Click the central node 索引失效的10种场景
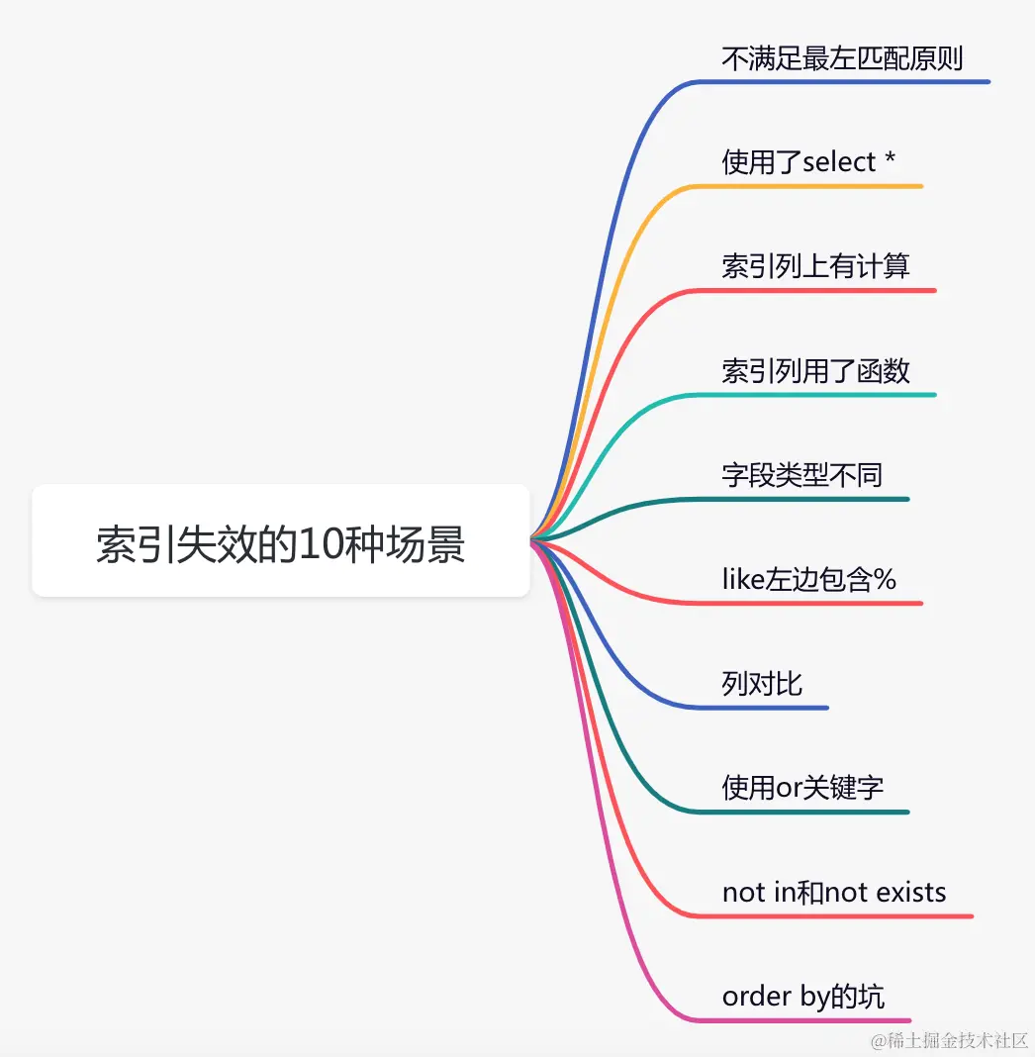tap(281, 541)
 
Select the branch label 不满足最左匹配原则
tap(842, 58)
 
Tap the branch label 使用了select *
tap(808, 162)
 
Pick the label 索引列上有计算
tap(815, 266)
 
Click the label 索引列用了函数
tap(815, 371)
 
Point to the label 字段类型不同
tap(801, 475)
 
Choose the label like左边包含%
tap(808, 579)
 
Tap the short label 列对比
tap(762, 684)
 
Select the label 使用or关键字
tap(802, 788)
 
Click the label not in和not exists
tap(834, 893)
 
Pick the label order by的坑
tap(803, 997)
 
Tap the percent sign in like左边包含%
tap(885, 580)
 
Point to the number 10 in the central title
tap(320, 543)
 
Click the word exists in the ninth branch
tap(909, 893)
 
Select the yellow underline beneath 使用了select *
tap(821, 186)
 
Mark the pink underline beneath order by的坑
tap(811, 1020)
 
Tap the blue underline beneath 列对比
tap(772, 708)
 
